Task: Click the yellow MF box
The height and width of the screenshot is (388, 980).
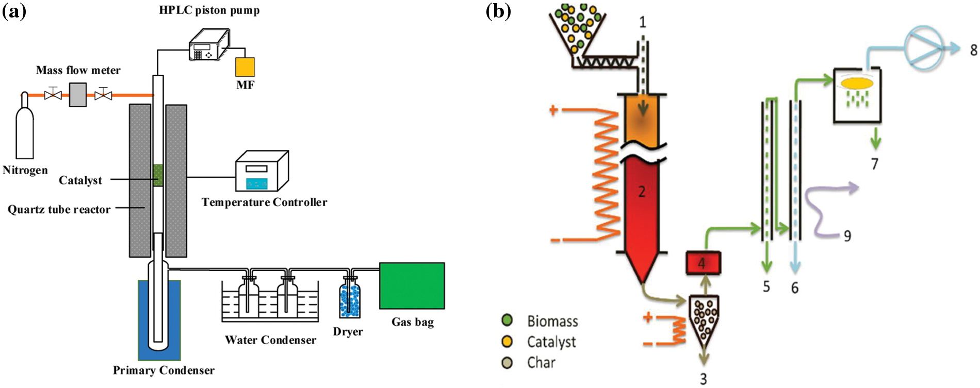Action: coord(245,67)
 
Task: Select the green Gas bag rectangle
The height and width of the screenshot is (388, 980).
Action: coord(412,286)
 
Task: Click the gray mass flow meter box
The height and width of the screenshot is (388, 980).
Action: coord(78,95)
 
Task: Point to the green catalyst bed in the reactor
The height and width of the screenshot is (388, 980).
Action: coord(158,175)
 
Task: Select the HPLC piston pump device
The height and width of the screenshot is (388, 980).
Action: coord(209,45)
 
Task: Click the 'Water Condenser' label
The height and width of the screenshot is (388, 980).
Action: coord(270,340)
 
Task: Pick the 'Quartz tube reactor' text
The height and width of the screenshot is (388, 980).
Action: coord(59,210)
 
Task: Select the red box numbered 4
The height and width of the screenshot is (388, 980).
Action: coord(703,263)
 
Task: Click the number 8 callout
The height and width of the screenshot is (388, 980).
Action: coord(973,50)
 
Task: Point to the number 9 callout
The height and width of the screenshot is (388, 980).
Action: coord(847,236)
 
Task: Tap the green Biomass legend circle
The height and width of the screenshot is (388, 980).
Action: coord(507,320)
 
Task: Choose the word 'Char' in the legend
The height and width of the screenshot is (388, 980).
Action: coord(541,363)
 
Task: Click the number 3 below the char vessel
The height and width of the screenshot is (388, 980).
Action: coord(703,379)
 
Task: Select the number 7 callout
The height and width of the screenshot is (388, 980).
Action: coord(874,164)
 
